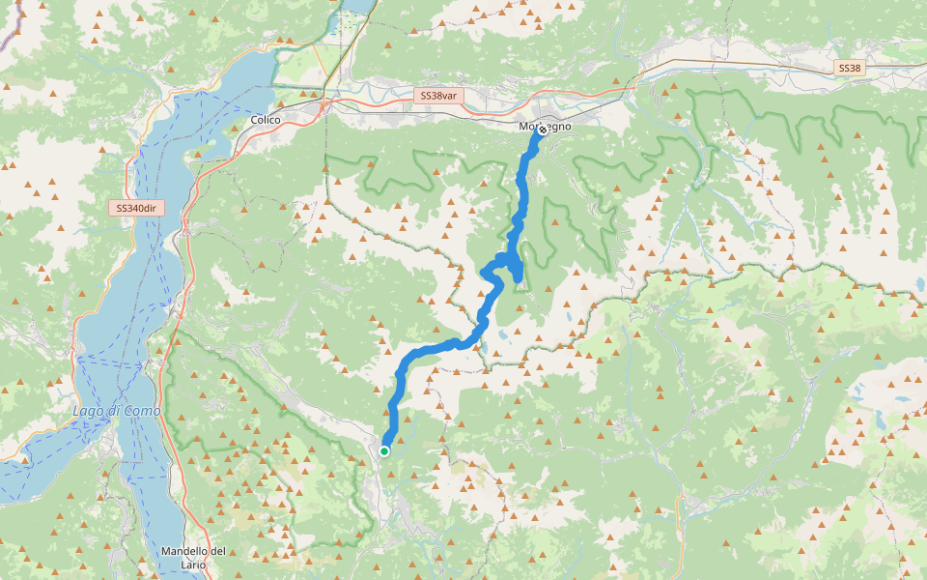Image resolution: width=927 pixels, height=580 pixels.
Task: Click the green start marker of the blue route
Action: (x=384, y=450)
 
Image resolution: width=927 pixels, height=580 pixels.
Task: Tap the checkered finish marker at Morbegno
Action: (x=542, y=129)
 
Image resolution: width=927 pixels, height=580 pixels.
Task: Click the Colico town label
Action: (x=265, y=119)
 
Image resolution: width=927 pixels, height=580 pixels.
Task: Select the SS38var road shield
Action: (x=439, y=96)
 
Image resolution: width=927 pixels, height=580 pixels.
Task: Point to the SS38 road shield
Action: (x=850, y=68)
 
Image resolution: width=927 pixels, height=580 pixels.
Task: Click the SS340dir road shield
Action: (x=135, y=208)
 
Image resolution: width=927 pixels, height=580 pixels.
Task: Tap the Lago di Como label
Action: (x=117, y=411)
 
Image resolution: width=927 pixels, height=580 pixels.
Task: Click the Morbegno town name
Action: (x=546, y=127)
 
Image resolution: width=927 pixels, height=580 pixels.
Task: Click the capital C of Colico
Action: (x=253, y=119)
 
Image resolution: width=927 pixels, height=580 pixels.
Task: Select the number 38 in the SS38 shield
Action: (x=855, y=68)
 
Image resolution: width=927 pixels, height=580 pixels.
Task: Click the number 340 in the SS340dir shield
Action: (x=135, y=208)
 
